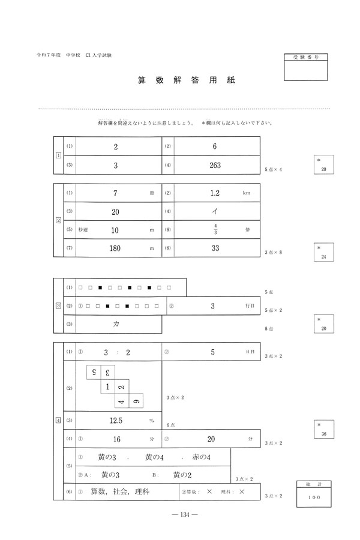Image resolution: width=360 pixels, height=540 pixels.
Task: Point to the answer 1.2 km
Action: (x=217, y=194)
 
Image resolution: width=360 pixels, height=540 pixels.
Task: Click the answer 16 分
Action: (x=117, y=439)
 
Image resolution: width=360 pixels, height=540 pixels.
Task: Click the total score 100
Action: (x=314, y=498)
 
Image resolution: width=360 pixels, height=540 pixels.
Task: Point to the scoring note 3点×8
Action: (x=273, y=252)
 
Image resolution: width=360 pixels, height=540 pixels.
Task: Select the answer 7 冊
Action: (x=115, y=194)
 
